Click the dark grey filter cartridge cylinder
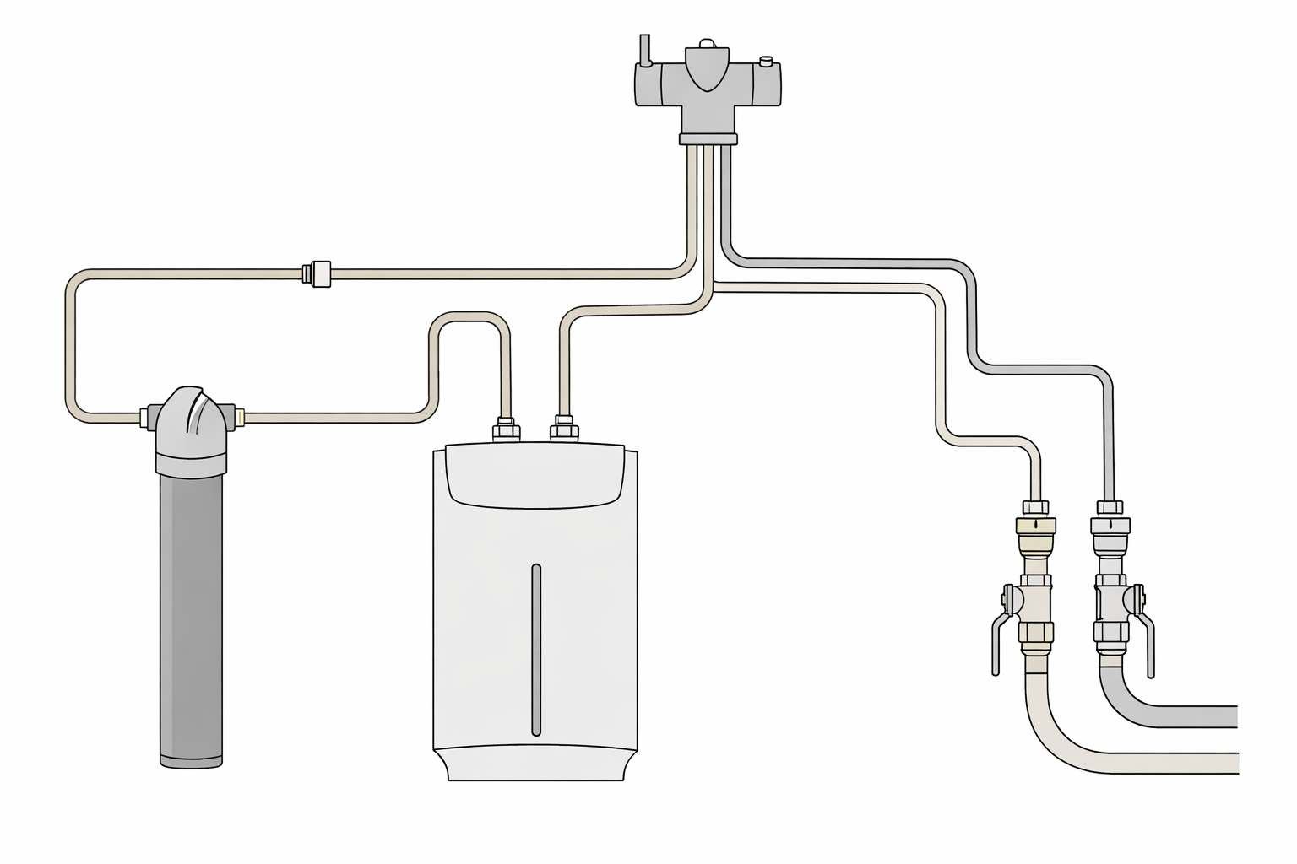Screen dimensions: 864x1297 click(192, 616)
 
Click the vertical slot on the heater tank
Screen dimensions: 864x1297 click(535, 650)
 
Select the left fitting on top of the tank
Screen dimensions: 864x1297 click(506, 429)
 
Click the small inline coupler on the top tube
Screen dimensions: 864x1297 click(318, 273)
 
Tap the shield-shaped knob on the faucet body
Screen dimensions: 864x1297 click(707, 67)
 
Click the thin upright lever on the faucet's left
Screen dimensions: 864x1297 click(645, 50)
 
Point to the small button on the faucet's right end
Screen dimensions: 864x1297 click(766, 61)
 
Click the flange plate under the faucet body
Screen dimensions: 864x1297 click(708, 138)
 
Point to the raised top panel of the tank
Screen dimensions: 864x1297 click(535, 477)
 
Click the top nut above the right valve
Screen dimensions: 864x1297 click(1110, 508)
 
